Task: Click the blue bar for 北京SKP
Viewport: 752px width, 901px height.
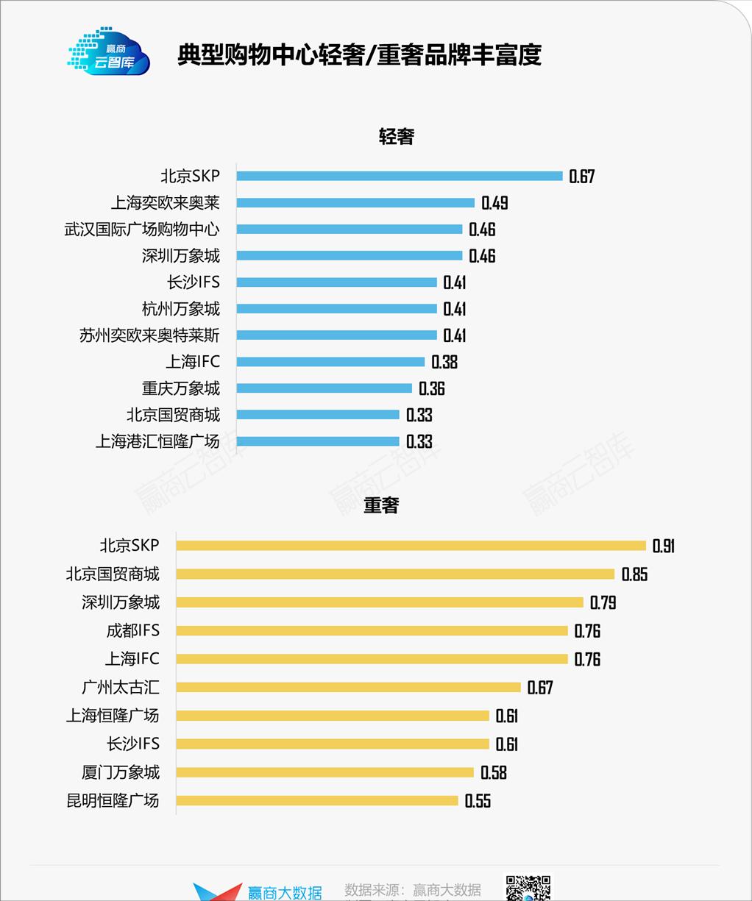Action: point(400,176)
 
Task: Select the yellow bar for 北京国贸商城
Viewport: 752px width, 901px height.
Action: point(395,574)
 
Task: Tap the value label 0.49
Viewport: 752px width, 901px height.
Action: point(494,203)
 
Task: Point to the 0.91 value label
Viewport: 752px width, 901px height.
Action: point(663,546)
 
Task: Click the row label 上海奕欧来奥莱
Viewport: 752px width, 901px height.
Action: point(165,202)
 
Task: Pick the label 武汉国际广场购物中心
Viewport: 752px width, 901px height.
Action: point(141,229)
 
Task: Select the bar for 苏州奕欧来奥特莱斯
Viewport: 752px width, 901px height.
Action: point(336,335)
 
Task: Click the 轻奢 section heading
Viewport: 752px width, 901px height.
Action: point(397,137)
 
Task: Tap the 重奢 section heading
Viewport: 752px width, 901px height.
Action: point(381,505)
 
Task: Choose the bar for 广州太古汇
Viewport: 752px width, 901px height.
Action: point(348,687)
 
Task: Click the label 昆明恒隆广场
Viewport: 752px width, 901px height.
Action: point(113,800)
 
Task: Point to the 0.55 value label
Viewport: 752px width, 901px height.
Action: point(478,801)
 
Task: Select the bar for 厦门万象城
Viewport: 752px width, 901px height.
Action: point(324,772)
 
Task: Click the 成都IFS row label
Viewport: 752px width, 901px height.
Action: point(132,630)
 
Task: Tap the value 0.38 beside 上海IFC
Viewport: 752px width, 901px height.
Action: point(444,362)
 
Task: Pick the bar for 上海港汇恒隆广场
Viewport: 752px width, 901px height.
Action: point(318,441)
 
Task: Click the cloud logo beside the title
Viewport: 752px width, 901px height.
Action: point(109,52)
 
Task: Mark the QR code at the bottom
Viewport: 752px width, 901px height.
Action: point(527,888)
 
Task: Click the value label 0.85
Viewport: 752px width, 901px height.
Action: point(634,574)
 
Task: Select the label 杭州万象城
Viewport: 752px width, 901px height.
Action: point(180,309)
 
